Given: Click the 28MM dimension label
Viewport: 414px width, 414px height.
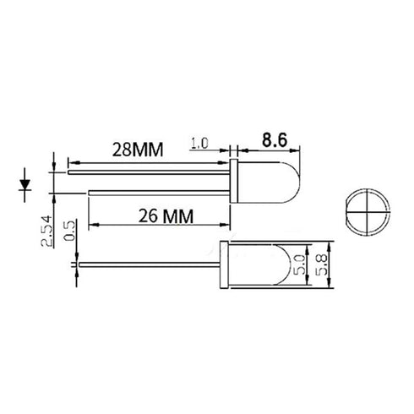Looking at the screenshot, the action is (138, 150).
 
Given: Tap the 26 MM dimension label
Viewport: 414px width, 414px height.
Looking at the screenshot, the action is (166, 216).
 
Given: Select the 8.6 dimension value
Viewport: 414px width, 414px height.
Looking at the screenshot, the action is (275, 140).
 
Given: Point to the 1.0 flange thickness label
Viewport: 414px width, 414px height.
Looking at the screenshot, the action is (199, 144).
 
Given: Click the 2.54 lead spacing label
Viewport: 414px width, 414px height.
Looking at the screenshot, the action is (46, 231).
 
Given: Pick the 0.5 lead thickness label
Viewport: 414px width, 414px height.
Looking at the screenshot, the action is (69, 230).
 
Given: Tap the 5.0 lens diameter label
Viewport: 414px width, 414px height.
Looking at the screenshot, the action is (299, 264).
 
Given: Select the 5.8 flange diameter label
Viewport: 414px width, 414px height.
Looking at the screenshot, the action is (322, 264).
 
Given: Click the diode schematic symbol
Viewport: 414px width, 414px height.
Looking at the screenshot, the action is (25, 185).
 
